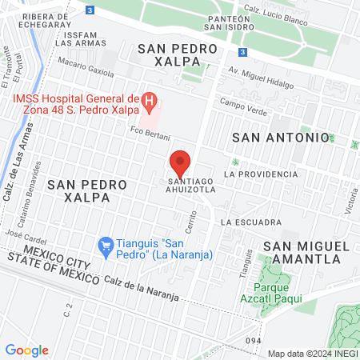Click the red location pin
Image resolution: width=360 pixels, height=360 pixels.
point(180,163)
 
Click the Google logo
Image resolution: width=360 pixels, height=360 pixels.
point(26,350)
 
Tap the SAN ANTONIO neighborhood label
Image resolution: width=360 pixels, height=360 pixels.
point(280,138)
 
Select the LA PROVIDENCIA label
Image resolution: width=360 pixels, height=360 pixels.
point(261,174)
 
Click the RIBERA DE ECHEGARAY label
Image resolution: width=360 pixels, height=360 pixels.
point(33,22)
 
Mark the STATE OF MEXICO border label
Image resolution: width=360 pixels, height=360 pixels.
point(45,268)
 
